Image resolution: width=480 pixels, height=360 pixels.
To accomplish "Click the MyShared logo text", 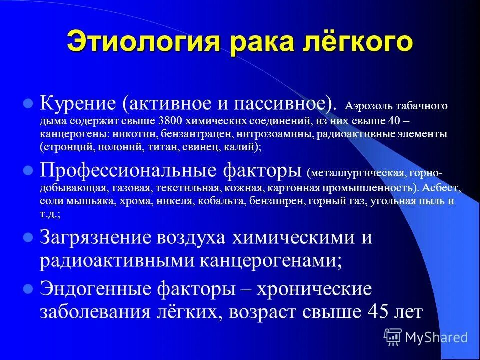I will coord(436,337).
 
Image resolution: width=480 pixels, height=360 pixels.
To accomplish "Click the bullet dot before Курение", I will coord(29,104).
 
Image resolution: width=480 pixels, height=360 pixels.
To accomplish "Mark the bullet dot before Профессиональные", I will coord(29,171).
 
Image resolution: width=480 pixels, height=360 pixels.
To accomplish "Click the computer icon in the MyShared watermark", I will coord(393,337).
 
